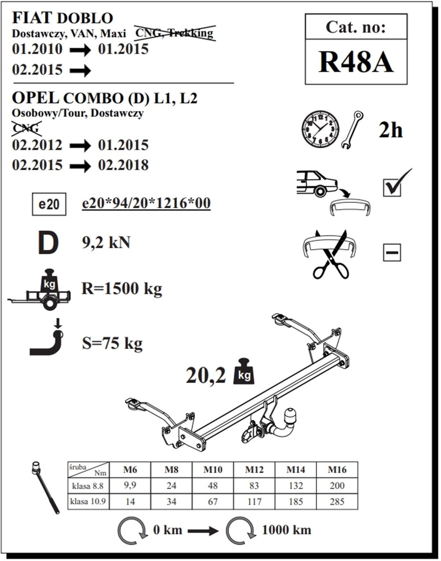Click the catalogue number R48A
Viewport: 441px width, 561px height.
coord(355,62)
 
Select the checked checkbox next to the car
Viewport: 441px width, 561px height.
coord(393,187)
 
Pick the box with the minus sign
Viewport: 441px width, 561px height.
coord(392,253)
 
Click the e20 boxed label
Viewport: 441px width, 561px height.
coord(49,205)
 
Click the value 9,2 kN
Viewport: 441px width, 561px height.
coord(106,243)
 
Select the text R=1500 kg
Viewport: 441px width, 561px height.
coord(122,289)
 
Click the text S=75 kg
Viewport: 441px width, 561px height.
coord(112,343)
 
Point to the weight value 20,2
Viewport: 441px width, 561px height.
coord(206,376)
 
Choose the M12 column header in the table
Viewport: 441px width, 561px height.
coord(254,470)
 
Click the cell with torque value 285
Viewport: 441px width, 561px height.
coord(337,501)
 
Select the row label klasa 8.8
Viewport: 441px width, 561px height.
coord(88,486)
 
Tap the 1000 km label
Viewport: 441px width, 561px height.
coord(287,530)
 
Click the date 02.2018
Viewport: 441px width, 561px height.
coord(123,165)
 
